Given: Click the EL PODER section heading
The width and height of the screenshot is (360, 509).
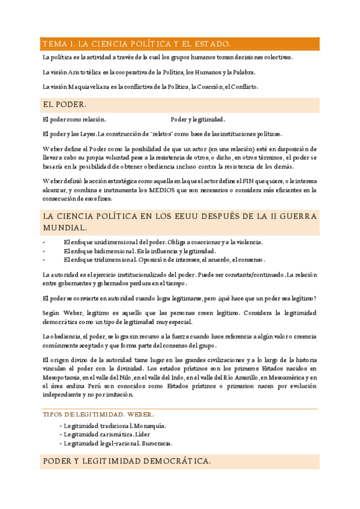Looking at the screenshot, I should pos(65,104).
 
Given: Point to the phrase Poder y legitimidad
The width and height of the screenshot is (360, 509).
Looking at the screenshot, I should pos(198,119).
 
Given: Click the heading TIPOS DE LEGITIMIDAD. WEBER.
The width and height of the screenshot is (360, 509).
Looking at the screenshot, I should pos(98,414).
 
